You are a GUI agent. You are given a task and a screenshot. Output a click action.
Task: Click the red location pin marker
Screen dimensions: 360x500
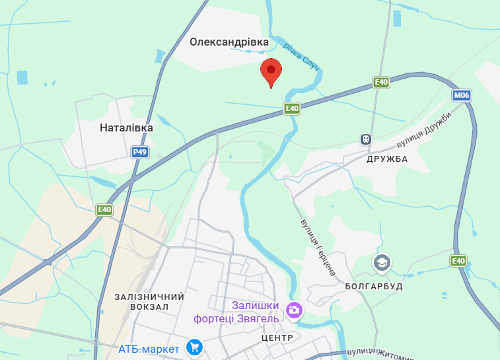point(271,71)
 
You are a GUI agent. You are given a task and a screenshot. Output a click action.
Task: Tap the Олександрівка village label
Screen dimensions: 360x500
point(229,42)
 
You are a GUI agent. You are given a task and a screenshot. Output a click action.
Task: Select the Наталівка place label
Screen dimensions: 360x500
point(126,127)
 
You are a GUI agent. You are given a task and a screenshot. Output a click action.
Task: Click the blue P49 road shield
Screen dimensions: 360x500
point(139,152)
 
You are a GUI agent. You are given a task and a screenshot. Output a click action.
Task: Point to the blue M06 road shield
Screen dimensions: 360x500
point(462,96)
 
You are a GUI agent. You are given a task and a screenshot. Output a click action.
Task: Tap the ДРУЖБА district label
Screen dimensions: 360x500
point(387,159)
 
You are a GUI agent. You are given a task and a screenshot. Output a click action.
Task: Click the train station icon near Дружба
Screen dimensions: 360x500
point(365,139)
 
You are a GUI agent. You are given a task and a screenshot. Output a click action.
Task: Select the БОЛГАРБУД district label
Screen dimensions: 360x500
point(374,287)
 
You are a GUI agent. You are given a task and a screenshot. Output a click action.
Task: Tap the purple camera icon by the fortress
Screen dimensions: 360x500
point(294,309)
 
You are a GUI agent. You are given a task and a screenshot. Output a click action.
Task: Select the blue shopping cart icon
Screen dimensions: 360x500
point(194,346)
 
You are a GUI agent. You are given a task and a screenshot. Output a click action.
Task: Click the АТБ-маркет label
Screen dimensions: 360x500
point(149,348)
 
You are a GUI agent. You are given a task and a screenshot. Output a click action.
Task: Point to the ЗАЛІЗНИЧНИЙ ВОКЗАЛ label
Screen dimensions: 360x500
point(149,302)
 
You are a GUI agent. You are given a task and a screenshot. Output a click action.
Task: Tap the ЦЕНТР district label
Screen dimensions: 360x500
point(277,338)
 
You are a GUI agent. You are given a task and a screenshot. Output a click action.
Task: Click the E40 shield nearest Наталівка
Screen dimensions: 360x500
point(104,209)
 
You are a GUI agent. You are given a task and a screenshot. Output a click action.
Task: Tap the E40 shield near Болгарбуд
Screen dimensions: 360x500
point(458,261)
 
